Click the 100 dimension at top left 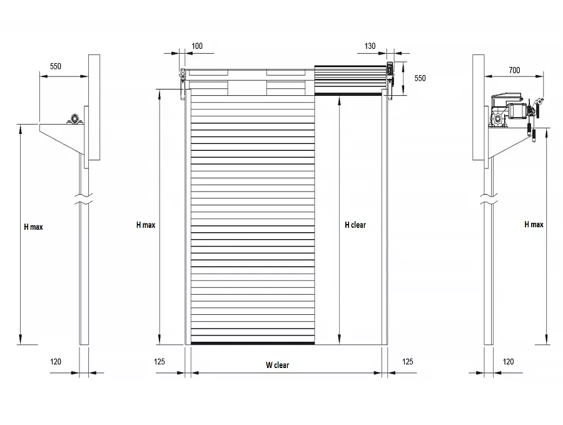197,46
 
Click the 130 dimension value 370,46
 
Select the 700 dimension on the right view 514,70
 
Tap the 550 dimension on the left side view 56,66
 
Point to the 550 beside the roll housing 420,78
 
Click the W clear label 277,365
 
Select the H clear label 355,225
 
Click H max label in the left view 33,227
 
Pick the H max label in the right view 534,225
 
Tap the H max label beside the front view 146,225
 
